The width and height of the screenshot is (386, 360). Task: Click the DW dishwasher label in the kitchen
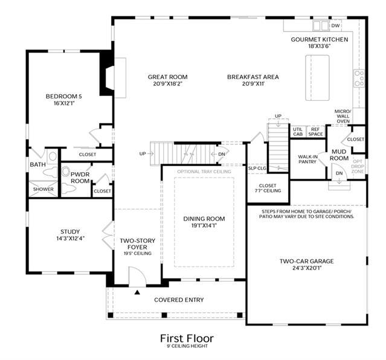point(335,25)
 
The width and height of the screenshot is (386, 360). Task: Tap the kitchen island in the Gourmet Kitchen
point(317,78)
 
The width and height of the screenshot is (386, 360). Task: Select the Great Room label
point(168,77)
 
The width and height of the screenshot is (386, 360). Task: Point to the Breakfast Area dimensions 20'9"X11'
point(253,84)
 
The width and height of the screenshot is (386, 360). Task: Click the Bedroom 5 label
point(64,96)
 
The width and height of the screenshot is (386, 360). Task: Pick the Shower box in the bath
point(43,189)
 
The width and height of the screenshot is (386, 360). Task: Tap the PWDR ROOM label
point(80,178)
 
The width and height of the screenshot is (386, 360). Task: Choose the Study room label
point(70,232)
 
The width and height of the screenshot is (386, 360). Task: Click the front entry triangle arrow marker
point(137,292)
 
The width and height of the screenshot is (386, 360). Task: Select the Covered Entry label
point(179,300)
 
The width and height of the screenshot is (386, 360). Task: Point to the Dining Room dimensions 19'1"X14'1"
point(204,225)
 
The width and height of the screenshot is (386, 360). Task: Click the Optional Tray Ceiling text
point(204,172)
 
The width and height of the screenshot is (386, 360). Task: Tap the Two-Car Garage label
point(307,262)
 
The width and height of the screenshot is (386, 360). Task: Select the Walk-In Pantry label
point(307,159)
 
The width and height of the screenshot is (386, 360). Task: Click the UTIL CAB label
point(298,132)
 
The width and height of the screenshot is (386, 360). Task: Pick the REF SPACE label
point(315,132)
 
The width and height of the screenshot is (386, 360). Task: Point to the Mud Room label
point(339,155)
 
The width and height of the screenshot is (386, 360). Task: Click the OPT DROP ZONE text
point(358,166)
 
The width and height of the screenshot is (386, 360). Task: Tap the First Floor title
point(187,338)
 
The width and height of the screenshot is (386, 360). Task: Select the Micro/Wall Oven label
point(343,116)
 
